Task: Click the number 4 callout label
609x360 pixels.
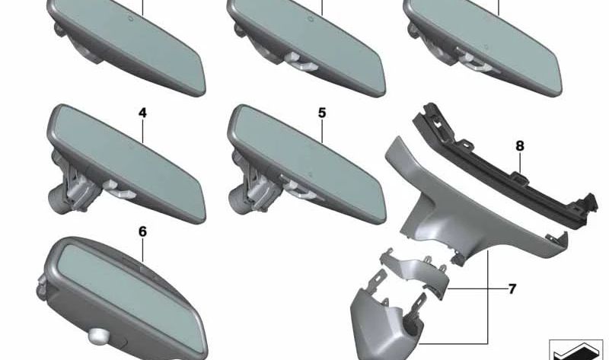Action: coord(142,113)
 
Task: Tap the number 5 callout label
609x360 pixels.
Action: coord(322,113)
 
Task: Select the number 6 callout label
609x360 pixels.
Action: coord(142,232)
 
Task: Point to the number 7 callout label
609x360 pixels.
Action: coord(512,289)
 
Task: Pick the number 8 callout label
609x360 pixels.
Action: coord(520,146)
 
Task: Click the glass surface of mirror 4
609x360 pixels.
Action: coord(128,163)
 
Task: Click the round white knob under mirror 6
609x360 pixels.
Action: coord(97,336)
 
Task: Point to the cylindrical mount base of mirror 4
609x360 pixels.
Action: coord(59,198)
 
